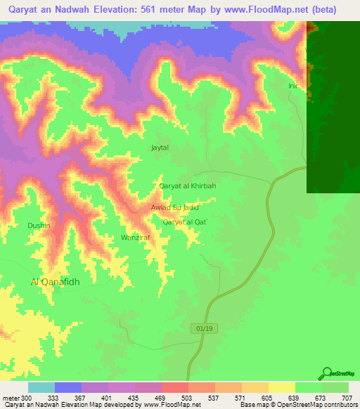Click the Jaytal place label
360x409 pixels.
(x=160, y=148)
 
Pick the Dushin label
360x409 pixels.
(x=38, y=225)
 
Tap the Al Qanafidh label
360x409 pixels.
(x=56, y=282)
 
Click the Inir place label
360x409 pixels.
(x=293, y=86)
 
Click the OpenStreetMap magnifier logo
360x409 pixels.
(x=327, y=373)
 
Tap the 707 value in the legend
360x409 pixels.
(x=348, y=397)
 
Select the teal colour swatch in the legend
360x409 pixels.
(x=41, y=387)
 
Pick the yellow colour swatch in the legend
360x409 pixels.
(x=281, y=387)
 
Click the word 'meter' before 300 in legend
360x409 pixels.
(x=11, y=397)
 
